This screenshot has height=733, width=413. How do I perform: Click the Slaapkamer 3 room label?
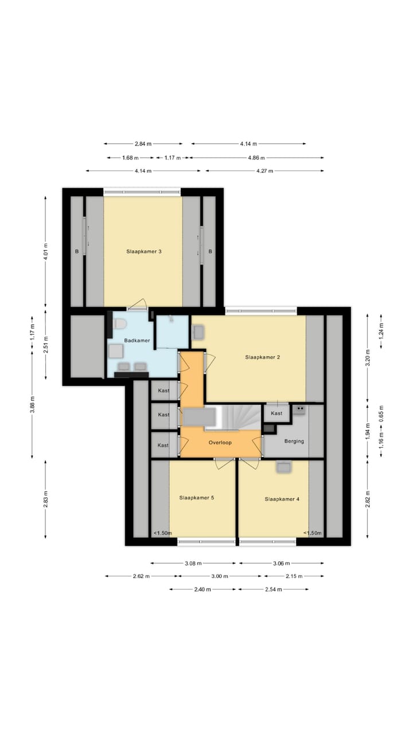[x=143, y=251]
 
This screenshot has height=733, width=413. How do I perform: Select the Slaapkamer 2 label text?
[x=262, y=357]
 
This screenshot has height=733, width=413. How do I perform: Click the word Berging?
[x=294, y=441]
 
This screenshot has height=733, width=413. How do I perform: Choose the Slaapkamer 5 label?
[x=196, y=498]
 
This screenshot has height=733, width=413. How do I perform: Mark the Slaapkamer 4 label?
[x=282, y=499]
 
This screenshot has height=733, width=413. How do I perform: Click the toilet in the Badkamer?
[x=119, y=325]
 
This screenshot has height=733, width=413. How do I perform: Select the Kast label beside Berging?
[x=276, y=413]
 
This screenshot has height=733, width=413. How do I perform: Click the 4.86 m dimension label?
[x=256, y=157]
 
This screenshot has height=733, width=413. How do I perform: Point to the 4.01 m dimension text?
[x=46, y=251]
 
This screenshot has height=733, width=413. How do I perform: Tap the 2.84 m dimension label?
[x=143, y=144]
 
